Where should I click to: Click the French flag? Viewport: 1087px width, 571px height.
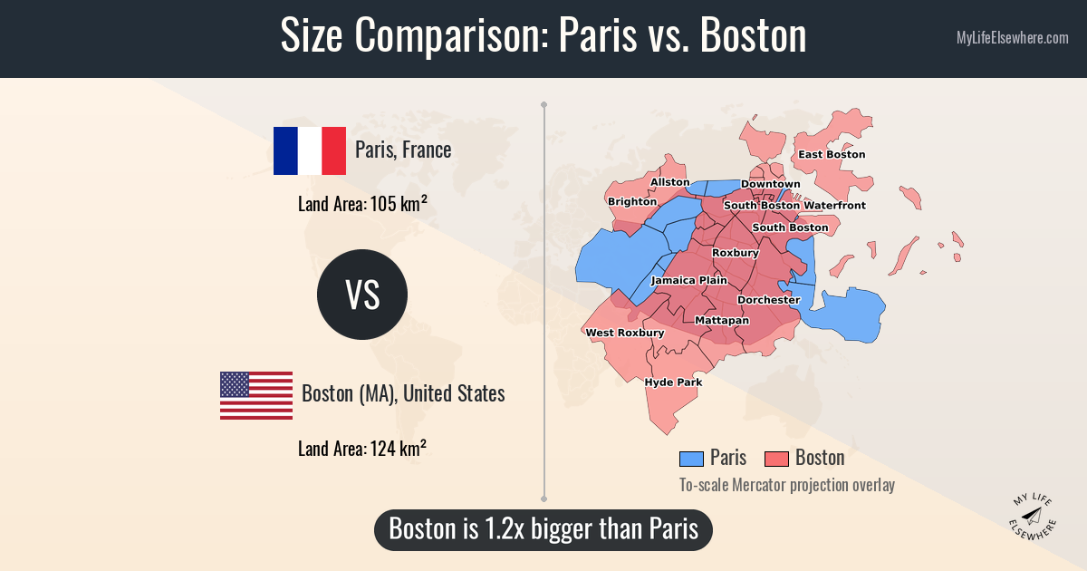(x=310, y=150)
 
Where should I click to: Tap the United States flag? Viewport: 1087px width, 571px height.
(x=256, y=395)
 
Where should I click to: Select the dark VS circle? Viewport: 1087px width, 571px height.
(x=362, y=295)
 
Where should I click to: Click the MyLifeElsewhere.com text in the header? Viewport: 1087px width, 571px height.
(x=1012, y=38)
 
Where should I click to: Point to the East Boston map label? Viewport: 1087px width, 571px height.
(x=832, y=154)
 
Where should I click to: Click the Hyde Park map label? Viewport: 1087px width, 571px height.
(x=673, y=382)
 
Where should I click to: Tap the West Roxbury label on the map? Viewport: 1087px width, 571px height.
(x=625, y=333)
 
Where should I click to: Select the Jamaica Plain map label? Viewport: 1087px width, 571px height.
(x=689, y=280)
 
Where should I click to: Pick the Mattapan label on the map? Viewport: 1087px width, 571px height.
(x=722, y=321)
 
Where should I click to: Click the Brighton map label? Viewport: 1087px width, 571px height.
(x=632, y=201)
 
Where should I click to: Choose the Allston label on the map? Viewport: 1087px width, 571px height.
(x=670, y=182)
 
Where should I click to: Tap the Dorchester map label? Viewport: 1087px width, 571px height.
(x=769, y=299)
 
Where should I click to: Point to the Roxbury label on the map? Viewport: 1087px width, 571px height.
(x=736, y=253)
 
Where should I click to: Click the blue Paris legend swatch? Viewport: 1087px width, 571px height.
(x=691, y=459)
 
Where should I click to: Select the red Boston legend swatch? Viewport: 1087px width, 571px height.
(x=776, y=459)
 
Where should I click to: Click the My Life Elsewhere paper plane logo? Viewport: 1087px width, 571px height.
(x=1032, y=517)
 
